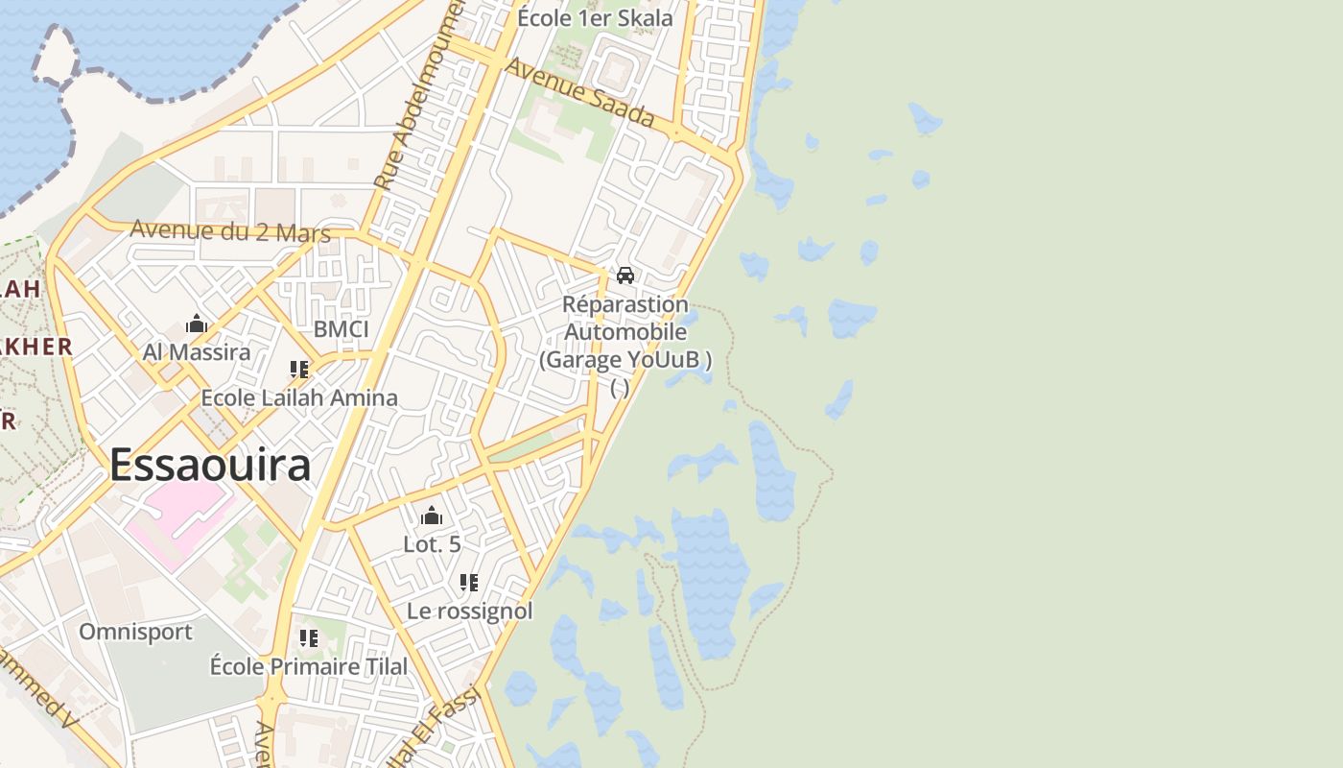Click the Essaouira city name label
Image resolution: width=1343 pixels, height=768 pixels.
(210, 466)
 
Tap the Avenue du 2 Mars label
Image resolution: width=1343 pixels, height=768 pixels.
(230, 231)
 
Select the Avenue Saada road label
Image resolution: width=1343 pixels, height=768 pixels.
(579, 93)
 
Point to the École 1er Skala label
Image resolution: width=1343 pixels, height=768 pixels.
(595, 17)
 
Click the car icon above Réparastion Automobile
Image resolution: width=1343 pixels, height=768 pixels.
(625, 276)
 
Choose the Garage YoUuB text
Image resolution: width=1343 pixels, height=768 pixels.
(625, 360)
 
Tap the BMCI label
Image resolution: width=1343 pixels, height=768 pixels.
(341, 329)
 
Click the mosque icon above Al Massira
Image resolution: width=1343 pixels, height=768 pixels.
(197, 324)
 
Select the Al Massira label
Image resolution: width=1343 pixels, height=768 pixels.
(197, 352)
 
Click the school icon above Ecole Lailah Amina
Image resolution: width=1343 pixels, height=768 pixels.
(299, 369)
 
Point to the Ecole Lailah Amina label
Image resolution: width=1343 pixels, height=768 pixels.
(299, 397)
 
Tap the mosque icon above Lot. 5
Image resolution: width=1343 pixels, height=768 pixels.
(432, 516)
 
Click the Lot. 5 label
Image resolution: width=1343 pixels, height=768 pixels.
(432, 544)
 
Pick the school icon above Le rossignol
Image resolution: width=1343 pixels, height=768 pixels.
(469, 582)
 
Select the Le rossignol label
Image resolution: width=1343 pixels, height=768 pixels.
(469, 611)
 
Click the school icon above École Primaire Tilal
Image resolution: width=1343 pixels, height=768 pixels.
(309, 637)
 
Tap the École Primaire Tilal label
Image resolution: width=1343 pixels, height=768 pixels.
(309, 666)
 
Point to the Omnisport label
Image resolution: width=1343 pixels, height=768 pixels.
(135, 632)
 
